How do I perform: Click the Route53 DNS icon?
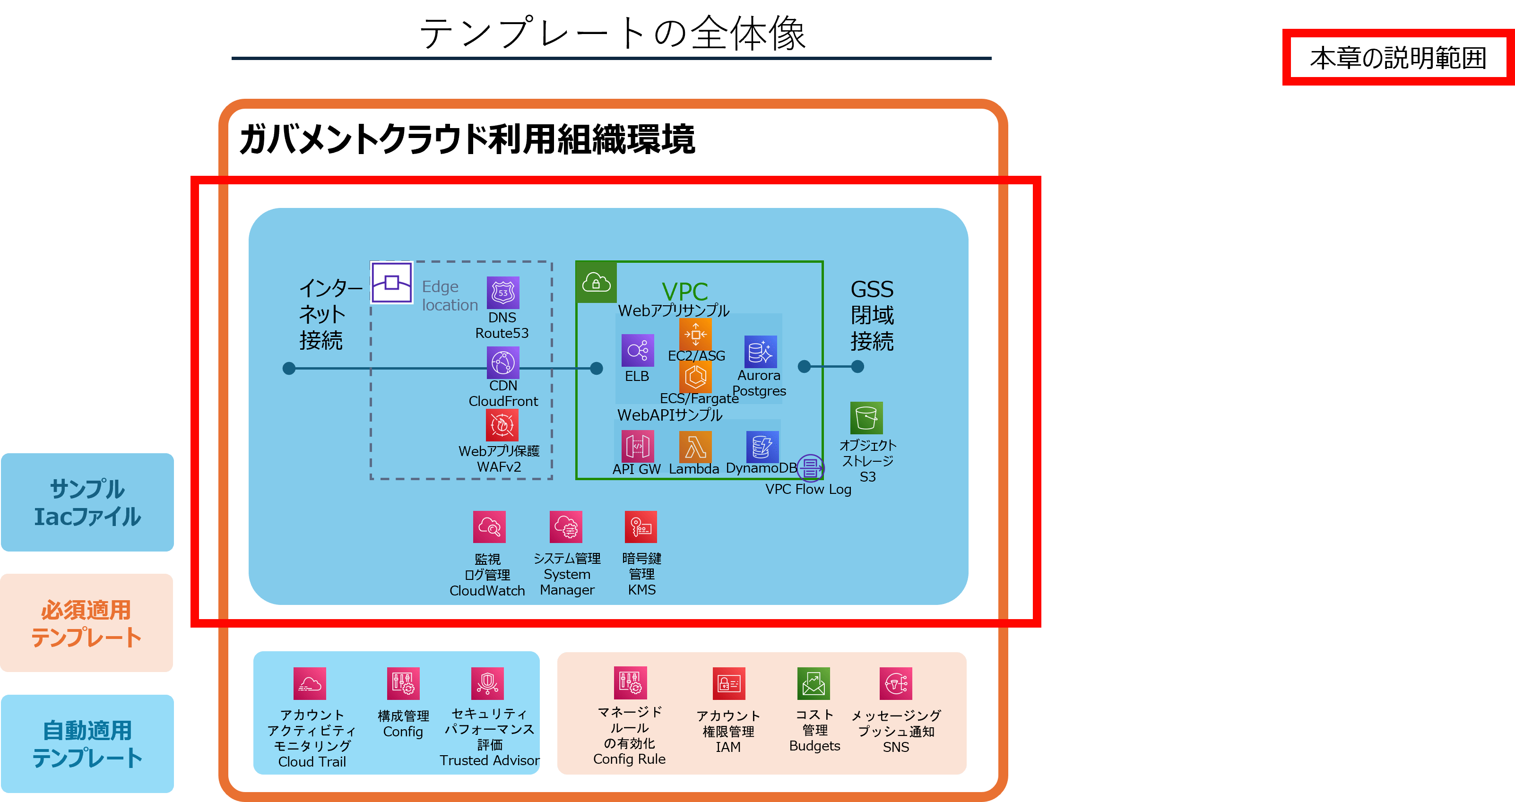[x=503, y=292]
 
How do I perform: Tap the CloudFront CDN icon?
[x=503, y=362]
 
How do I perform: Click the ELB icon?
[x=638, y=351]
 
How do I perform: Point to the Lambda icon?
[x=695, y=447]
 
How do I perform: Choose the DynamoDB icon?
[x=762, y=447]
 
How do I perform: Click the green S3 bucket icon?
[x=866, y=418]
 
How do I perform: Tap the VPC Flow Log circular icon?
[x=810, y=468]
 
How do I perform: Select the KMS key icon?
[x=641, y=527]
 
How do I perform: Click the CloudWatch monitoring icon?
[x=489, y=527]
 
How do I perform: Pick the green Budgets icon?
[x=814, y=683]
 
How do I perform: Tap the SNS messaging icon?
[x=896, y=683]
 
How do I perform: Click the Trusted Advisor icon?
[x=487, y=683]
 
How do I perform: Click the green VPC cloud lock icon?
[x=596, y=283]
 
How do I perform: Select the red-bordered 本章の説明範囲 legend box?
[x=1397, y=58]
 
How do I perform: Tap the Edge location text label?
[x=450, y=296]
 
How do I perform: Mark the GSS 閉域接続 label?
[x=872, y=315]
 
